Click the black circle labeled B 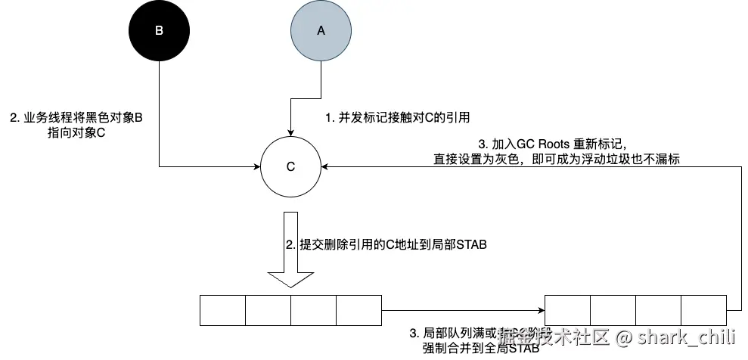(x=159, y=31)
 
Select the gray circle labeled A (x=320, y=31)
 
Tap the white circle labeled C (x=290, y=167)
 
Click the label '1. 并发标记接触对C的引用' (x=398, y=118)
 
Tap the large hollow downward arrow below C (x=290, y=249)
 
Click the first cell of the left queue (x=222, y=309)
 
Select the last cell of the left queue (x=358, y=309)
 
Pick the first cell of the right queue (x=568, y=309)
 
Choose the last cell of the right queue (x=703, y=309)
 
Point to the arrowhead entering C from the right (x=324, y=166)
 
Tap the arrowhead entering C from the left (x=256, y=166)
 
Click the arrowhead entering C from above (x=290, y=132)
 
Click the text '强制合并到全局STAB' (x=481, y=349)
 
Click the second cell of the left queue (x=268, y=309)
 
